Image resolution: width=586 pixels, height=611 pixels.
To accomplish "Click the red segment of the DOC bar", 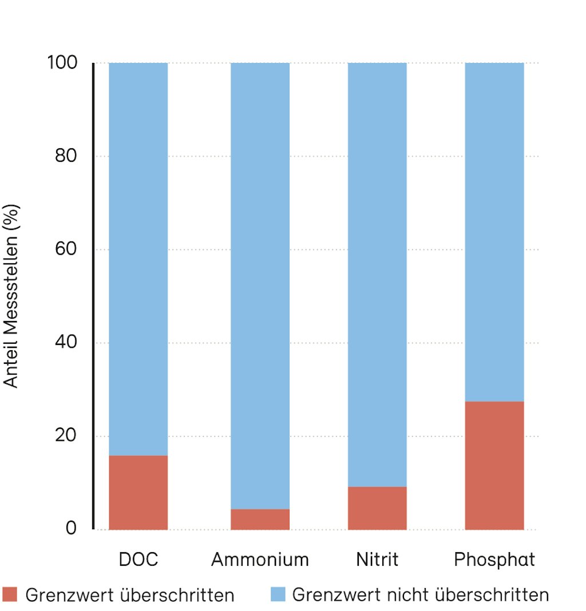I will pyautogui.click(x=138, y=492).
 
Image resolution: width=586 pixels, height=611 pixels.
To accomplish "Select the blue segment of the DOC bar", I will pyautogui.click(x=138, y=257).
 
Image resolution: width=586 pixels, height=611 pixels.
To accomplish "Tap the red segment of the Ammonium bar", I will pyautogui.click(x=260, y=519).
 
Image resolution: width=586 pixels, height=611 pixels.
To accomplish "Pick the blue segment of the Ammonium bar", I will pyautogui.click(x=260, y=286).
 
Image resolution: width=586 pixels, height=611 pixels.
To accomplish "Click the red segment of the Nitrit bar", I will pyautogui.click(x=377, y=507).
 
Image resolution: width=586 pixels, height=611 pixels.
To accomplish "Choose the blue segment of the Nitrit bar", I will pyautogui.click(x=377, y=275).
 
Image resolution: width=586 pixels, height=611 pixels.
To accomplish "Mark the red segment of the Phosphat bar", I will pyautogui.click(x=494, y=465).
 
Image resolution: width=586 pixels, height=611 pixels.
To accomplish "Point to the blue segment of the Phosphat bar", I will pyautogui.click(x=494, y=232).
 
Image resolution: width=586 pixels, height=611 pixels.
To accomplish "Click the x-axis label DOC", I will pyautogui.click(x=138, y=559).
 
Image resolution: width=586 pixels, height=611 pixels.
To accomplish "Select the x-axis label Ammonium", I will pyautogui.click(x=260, y=559).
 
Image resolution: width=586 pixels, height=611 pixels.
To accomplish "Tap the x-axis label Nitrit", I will pyautogui.click(x=377, y=559).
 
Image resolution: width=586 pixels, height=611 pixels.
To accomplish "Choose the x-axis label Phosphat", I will pyautogui.click(x=494, y=559).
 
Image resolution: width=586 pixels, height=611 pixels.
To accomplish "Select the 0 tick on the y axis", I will pyautogui.click(x=71, y=528).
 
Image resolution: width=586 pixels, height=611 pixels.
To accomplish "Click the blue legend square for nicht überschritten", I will pyautogui.click(x=278, y=594).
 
